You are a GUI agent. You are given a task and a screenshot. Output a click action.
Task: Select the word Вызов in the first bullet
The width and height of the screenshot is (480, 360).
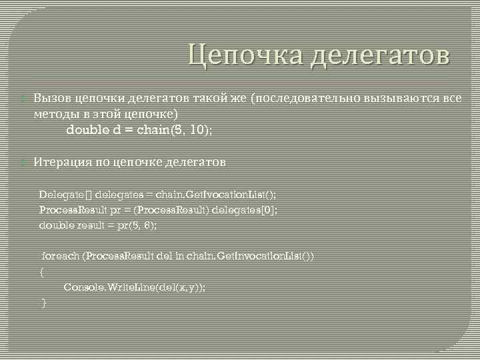(x=51, y=99)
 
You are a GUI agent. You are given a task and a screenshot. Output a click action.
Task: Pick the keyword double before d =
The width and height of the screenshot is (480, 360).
(x=88, y=130)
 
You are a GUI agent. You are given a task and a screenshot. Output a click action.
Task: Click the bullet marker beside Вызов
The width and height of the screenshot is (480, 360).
(x=26, y=99)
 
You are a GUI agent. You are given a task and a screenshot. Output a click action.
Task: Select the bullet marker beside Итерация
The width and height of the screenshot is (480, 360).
(x=26, y=163)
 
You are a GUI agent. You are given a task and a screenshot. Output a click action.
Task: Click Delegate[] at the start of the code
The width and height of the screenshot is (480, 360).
(x=65, y=195)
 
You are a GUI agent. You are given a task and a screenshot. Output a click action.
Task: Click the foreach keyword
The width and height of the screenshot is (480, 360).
(x=60, y=256)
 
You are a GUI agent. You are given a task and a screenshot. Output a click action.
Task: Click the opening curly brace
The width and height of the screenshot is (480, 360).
(x=41, y=272)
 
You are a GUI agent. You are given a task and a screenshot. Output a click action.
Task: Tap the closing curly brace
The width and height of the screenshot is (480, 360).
(x=44, y=303)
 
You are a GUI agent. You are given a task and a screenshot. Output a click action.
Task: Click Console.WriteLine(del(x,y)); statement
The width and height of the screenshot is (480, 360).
(x=135, y=287)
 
